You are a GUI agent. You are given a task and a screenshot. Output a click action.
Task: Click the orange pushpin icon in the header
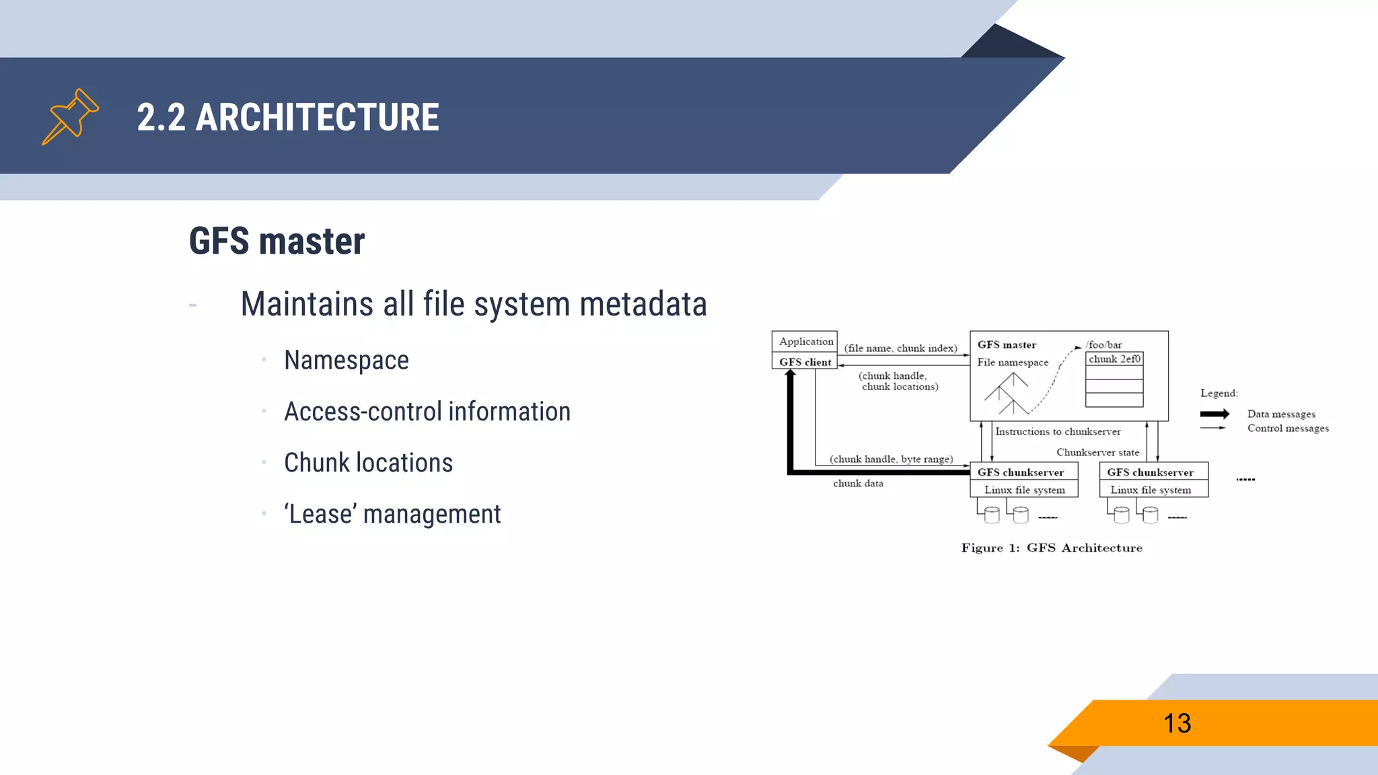[x=70, y=116]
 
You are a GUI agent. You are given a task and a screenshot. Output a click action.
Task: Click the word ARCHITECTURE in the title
[x=317, y=118]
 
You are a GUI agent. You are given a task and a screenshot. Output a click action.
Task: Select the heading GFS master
[x=277, y=242]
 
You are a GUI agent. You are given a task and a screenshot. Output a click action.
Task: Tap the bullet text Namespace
[x=346, y=361]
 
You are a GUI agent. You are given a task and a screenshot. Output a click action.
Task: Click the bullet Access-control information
[x=427, y=412]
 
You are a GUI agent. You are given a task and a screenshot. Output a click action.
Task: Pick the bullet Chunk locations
[x=368, y=463]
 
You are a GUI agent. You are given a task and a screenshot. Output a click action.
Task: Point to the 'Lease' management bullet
[x=392, y=515]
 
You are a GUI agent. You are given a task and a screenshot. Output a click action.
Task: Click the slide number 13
[x=1177, y=724]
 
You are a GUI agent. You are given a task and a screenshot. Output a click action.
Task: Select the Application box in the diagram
[x=805, y=341]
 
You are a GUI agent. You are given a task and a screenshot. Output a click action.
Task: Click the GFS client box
[x=805, y=362]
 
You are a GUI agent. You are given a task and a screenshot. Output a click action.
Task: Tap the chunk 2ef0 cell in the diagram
[x=1114, y=359]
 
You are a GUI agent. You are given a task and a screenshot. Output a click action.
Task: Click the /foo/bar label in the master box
[x=1104, y=344]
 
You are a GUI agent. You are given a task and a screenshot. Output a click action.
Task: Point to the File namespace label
[x=1013, y=362]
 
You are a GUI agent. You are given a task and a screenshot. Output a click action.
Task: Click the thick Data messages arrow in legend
[x=1214, y=414]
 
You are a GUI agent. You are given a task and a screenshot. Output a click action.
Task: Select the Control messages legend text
[x=1288, y=429]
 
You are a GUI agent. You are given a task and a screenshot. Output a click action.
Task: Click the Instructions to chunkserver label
[x=1058, y=432]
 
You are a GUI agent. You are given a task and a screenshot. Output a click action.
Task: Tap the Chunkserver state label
[x=1097, y=452]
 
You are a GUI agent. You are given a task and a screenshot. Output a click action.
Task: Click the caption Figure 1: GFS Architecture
[x=1052, y=548]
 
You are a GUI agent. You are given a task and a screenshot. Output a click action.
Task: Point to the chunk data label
[x=858, y=484]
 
